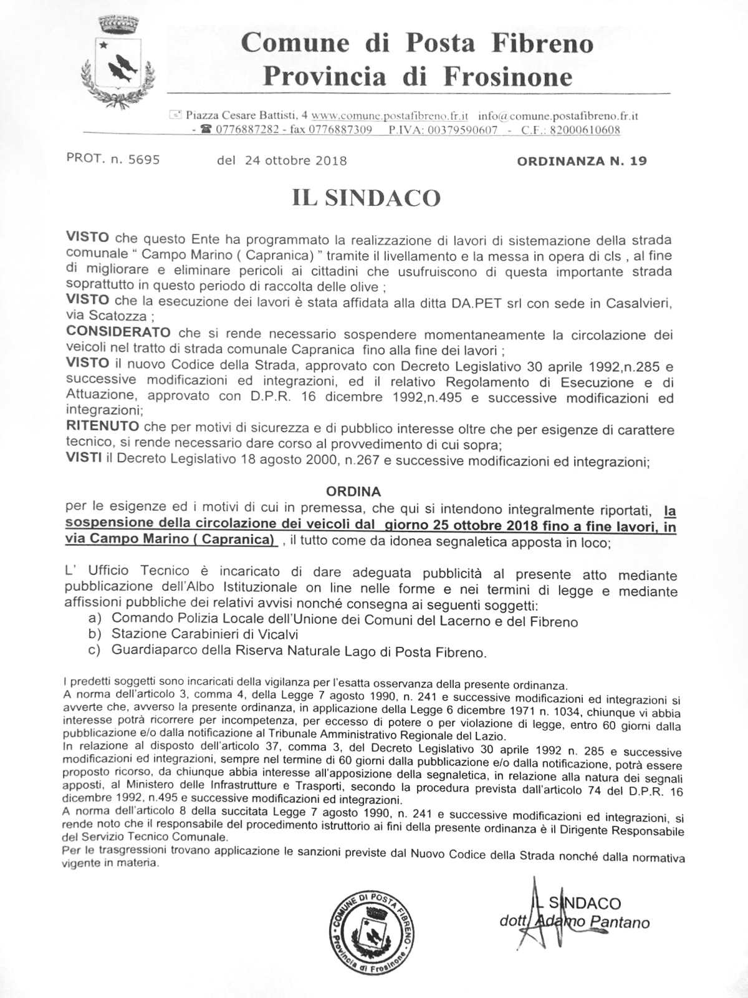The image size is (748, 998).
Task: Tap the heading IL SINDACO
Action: pos(367,198)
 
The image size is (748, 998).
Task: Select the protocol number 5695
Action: pos(144,160)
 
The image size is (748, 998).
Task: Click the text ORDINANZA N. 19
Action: pos(582,161)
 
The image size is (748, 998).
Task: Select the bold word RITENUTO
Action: pos(102,427)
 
